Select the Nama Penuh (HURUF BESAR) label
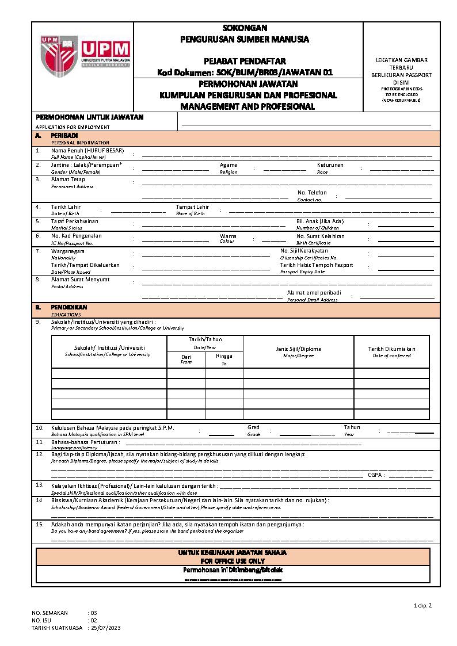coord(87,150)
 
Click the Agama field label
coord(228,165)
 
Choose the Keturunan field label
coord(330,165)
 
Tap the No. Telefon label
coord(312,193)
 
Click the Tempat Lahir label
coord(192,207)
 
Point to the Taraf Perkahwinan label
coord(74,221)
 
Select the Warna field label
coord(228,236)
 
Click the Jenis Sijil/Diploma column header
coord(298,349)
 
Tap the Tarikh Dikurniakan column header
coord(391,349)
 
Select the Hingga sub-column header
coord(224,357)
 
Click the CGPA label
coord(376,475)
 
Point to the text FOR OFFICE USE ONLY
coord(233,560)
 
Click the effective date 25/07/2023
coord(106,628)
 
